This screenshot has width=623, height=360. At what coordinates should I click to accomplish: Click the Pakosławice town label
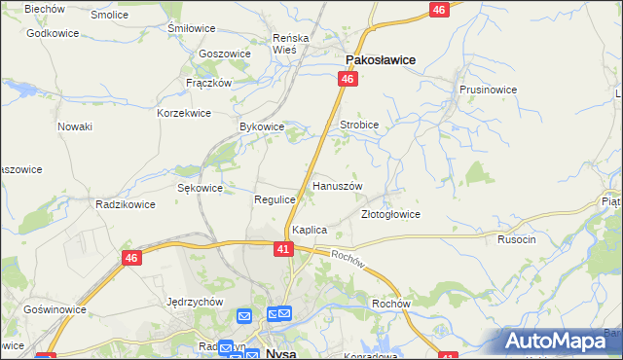click(376, 59)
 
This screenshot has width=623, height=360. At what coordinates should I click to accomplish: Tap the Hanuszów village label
click(337, 185)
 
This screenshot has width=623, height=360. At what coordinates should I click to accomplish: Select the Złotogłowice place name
click(389, 214)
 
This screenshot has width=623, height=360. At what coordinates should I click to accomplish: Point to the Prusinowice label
click(488, 89)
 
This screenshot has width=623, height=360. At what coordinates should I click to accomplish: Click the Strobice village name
click(358, 126)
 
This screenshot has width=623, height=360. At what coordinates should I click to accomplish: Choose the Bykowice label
click(261, 126)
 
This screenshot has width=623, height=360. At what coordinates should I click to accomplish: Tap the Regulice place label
click(274, 199)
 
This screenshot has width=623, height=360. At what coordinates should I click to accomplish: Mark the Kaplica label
click(309, 230)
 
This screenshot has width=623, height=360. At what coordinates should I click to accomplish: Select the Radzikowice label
click(121, 204)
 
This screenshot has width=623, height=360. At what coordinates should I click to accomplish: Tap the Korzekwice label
click(184, 113)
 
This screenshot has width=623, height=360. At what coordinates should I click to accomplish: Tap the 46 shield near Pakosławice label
click(346, 86)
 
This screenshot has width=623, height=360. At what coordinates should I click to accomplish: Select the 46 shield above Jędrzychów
click(132, 258)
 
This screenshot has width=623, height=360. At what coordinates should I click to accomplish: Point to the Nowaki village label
click(74, 126)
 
